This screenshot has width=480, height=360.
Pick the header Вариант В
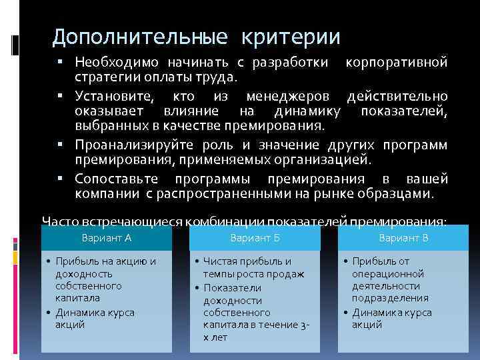click(403, 237)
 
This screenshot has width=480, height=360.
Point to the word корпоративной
click(397, 63)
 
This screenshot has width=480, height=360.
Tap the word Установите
click(111, 97)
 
